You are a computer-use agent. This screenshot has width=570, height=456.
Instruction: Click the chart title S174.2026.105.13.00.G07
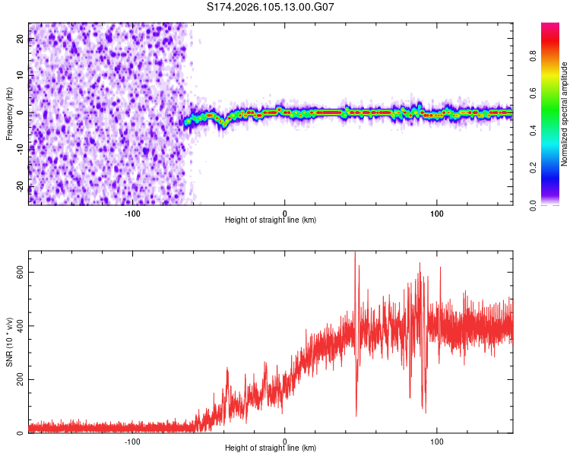[x=271, y=7]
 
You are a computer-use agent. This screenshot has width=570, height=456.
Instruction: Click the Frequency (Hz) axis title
[x=9, y=113]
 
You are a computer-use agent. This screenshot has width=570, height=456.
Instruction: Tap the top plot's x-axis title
[x=271, y=220]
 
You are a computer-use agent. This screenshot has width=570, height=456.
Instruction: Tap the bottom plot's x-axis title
[x=271, y=448]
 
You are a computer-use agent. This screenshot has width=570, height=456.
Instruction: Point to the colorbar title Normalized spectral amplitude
[x=565, y=114]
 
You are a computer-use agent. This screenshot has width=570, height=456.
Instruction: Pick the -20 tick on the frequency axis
[x=19, y=187]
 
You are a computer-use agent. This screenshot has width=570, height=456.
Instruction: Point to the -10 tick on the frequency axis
[x=19, y=150]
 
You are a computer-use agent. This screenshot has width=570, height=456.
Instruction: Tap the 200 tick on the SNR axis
[x=17, y=380]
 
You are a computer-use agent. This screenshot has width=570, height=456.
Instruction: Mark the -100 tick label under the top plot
[x=132, y=212]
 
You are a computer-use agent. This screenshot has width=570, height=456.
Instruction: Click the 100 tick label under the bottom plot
[x=437, y=440]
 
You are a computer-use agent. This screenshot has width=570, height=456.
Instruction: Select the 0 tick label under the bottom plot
[x=285, y=440]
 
